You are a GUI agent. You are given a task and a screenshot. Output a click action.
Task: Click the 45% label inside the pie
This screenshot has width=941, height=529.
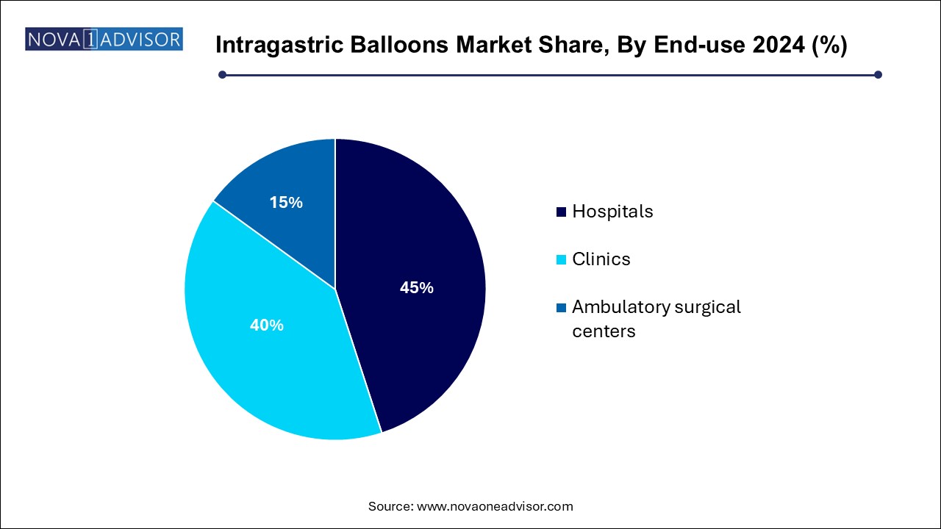pyautogui.click(x=416, y=288)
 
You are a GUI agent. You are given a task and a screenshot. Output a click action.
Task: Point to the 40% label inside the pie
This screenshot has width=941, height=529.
pyautogui.click(x=266, y=325)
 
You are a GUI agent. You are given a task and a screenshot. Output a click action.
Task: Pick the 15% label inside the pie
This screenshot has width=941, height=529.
pyautogui.click(x=286, y=202)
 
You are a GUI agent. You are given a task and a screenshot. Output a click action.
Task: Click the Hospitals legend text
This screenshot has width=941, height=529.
pyautogui.click(x=612, y=212)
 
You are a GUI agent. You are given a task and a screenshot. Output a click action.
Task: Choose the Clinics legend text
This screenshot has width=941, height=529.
pyautogui.click(x=601, y=259)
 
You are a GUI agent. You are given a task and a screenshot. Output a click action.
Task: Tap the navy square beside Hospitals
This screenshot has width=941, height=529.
pyautogui.click(x=562, y=212)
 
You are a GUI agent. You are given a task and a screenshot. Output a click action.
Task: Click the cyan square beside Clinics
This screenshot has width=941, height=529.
pyautogui.click(x=562, y=259)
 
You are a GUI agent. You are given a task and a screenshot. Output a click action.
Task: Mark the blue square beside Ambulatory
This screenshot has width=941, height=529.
pyautogui.click(x=562, y=307)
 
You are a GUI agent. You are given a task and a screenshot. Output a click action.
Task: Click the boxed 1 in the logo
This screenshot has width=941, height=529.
pyautogui.click(x=90, y=39)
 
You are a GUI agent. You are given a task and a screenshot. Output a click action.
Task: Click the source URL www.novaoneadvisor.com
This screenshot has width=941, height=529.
pyautogui.click(x=495, y=506)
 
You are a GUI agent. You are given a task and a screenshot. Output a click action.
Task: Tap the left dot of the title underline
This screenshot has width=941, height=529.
pyautogui.click(x=222, y=74)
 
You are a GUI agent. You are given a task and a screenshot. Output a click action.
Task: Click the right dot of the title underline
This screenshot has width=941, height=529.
pyautogui.click(x=878, y=74)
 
